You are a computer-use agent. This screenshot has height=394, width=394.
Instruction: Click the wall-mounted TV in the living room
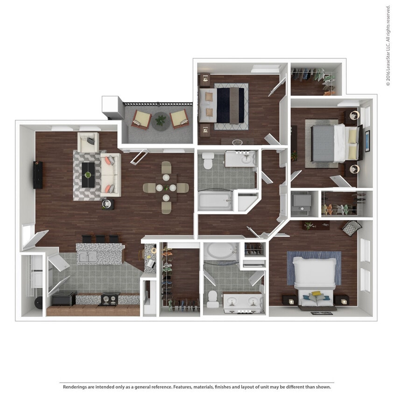pos(38,175)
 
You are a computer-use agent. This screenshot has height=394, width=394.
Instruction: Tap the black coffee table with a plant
pos(88,175)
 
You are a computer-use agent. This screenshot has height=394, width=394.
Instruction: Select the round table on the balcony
pos(161,121)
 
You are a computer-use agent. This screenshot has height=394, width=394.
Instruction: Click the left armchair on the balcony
pos(141,119)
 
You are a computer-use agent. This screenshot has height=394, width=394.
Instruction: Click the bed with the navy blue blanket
pos(223,105)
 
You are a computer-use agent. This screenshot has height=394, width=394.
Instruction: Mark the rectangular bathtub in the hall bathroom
pos(215,201)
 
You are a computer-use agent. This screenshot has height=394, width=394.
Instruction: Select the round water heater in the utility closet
pos(36,306)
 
